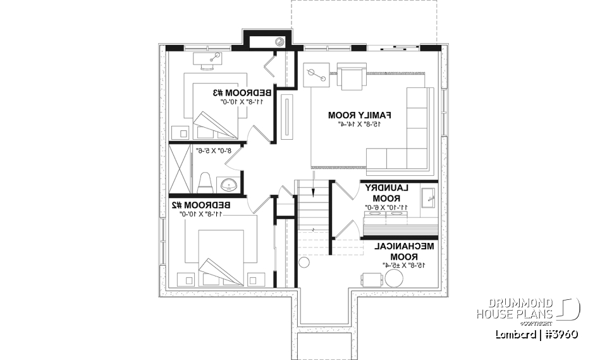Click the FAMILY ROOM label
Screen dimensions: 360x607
point(360,115)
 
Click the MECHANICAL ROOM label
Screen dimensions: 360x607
point(403,252)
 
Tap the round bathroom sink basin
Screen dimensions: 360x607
point(229,185)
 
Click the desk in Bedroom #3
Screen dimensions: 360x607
point(209,61)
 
